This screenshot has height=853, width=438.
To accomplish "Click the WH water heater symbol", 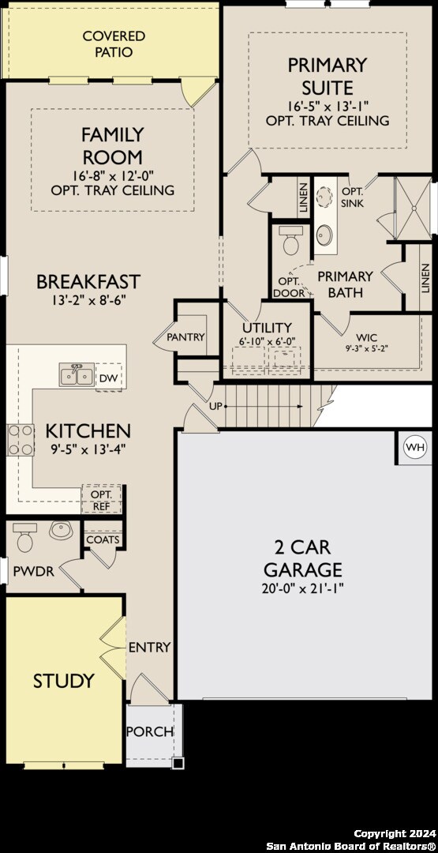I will coord(414,447).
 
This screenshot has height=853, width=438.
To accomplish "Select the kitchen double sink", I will coord(77,375).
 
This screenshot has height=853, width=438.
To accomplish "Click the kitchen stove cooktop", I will coord(21,440).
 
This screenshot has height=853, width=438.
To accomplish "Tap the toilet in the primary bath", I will coord(292,241).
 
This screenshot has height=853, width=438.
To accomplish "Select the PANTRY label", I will coord(185,337).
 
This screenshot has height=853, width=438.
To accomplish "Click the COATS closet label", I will coord(103,540).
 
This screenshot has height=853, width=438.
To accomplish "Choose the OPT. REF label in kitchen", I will coord(102,500).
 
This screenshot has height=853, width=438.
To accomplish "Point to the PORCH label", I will coord(150,731).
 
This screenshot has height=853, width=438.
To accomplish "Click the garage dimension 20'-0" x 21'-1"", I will coord(303,588).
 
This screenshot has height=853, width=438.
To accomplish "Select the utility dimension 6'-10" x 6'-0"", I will coord(268,340).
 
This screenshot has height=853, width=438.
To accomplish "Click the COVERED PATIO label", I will coord(114,44).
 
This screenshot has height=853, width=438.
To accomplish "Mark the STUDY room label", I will coord(63,681).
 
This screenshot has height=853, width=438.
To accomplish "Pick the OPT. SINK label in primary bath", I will coord(352,197).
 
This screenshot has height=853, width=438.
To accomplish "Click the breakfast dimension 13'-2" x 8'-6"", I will coord(88,299).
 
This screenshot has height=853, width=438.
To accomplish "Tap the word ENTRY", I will coord(149,648).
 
